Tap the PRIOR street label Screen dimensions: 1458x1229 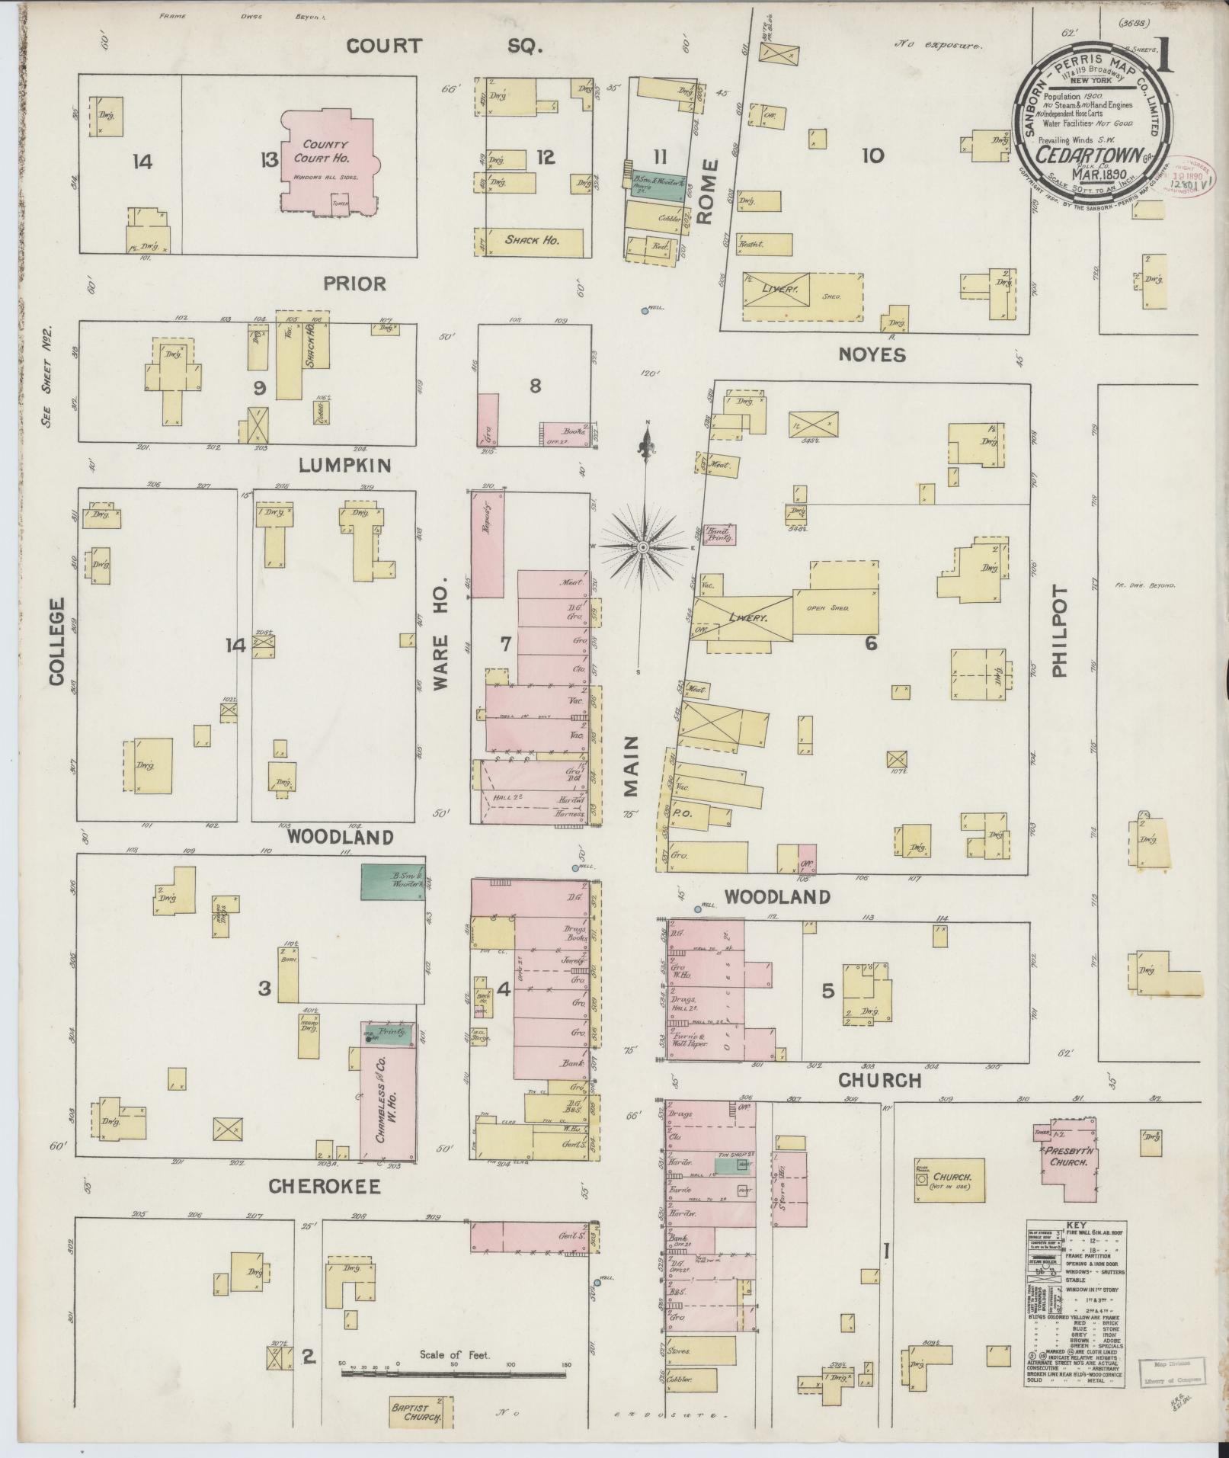pyautogui.click(x=354, y=284)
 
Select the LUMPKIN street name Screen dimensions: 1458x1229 pyautogui.click(x=344, y=465)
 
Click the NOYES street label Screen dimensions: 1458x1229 pyautogui.click(x=872, y=354)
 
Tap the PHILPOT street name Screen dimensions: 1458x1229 pyautogui.click(x=1059, y=631)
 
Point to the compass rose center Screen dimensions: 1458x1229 pyautogui.click(x=644, y=547)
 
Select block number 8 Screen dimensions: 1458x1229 pyautogui.click(x=536, y=386)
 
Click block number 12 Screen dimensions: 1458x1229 pyautogui.click(x=546, y=158)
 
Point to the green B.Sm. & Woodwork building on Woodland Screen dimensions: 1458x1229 pyautogui.click(x=392, y=882)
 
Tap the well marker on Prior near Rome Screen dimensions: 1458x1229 pyautogui.click(x=645, y=310)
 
